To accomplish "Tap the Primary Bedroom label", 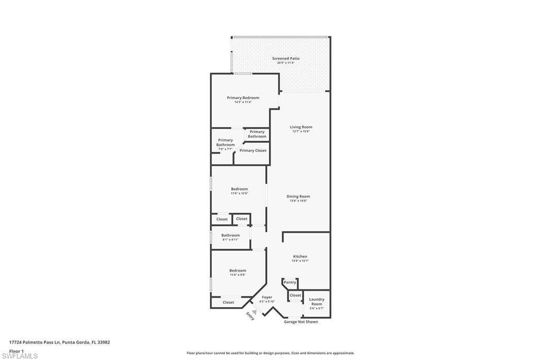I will pos(243,98).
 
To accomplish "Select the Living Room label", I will pos(301,127).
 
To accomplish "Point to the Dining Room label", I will pos(298,196).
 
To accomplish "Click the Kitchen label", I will pos(300,257).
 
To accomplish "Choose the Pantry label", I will pos(290,282).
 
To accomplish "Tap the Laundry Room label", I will pos(316,301).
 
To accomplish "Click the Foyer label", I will pos(267,297).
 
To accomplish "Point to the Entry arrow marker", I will pos(253,312).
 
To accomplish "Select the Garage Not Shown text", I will pos(301,321).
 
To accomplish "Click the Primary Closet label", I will pos(253,150).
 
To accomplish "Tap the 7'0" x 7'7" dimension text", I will pos(225,149).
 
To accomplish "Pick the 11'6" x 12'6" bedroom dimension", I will pos(239,193).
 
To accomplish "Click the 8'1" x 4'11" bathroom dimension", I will pos(230,240).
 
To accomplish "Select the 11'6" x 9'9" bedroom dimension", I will pos(238,275).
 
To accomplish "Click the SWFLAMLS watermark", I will pos(20,356).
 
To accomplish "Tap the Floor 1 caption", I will pos(16,350).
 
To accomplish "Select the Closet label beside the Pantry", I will pos(295,296).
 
